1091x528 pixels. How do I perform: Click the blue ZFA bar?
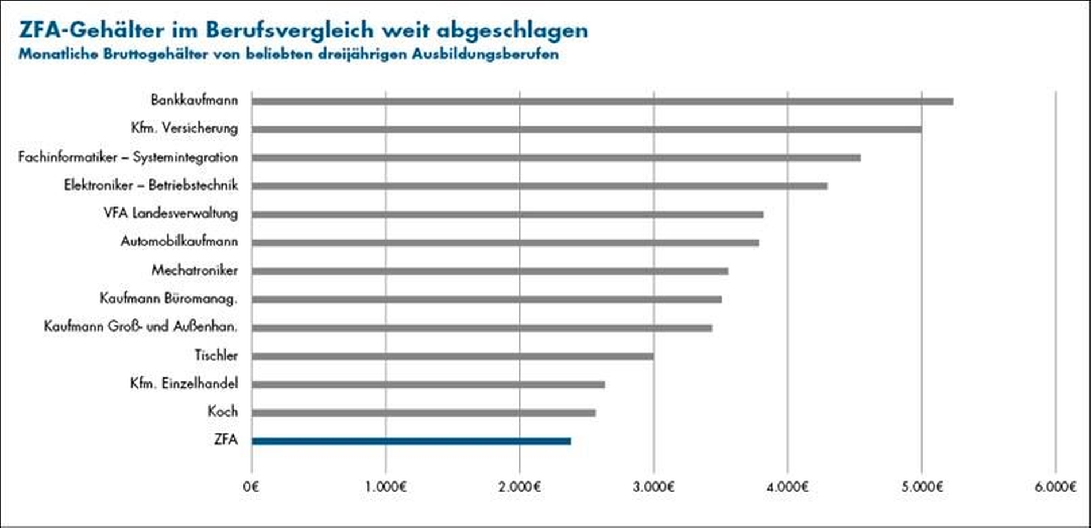coord(411,441)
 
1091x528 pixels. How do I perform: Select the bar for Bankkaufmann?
coord(602,102)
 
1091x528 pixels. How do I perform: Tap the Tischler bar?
coord(452,356)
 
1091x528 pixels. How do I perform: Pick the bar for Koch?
coord(423,413)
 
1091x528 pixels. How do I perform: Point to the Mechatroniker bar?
coord(490,271)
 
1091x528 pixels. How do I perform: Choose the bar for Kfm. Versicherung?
coord(586,130)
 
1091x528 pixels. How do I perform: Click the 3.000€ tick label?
coord(653,487)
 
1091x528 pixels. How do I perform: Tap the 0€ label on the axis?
coord(252,487)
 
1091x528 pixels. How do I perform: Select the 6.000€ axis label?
coord(1055,487)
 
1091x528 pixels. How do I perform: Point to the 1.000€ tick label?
coord(386,487)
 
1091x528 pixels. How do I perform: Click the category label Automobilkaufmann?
coord(179,241)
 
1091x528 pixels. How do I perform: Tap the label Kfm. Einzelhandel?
coord(184,383)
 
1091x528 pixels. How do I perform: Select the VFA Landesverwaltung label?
coord(171,213)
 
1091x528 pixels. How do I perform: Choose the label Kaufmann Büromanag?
coord(169,298)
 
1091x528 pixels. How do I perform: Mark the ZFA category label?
coord(226,440)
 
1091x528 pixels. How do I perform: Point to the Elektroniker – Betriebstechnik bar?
coord(539,186)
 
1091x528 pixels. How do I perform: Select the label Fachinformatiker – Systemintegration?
coord(128,157)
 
